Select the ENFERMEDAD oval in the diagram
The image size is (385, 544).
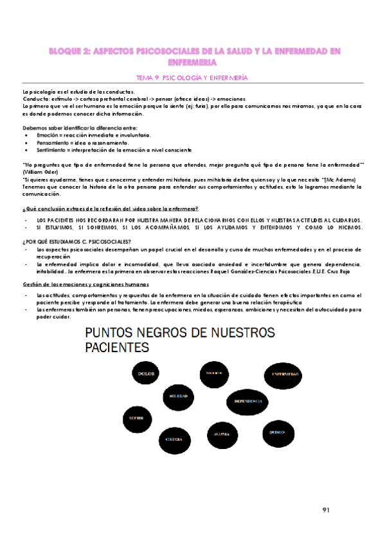tap(284, 374)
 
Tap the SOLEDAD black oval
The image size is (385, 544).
tap(178, 396)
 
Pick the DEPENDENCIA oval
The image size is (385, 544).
tap(248, 401)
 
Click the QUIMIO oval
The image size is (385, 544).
tap(277, 432)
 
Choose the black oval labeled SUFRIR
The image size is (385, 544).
tap(137, 420)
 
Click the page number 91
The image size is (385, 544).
tap(326, 511)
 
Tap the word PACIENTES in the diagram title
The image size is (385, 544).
tap(118, 347)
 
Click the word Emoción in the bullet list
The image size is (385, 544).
tap(48, 136)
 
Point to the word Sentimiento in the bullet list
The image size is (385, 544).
tap(52, 149)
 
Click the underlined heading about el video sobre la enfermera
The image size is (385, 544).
tap(110, 209)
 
